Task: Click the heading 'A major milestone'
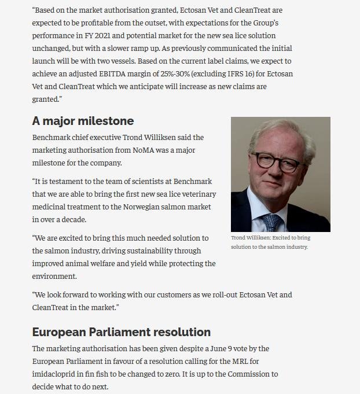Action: pyautogui.click(x=83, y=121)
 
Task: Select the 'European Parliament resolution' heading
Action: pyautogui.click(x=121, y=332)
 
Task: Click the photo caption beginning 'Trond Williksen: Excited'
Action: pyautogui.click(x=270, y=242)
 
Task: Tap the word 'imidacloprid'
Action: pyautogui.click(x=56, y=374)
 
